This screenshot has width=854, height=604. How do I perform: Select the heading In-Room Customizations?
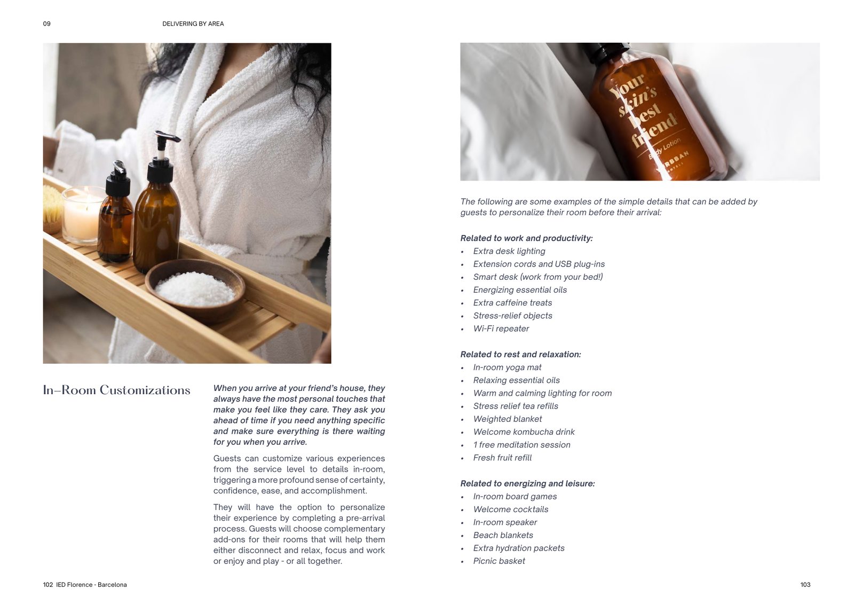pos(117,390)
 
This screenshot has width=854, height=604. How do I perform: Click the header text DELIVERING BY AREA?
pos(193,23)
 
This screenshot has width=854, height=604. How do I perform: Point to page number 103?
pos(805,585)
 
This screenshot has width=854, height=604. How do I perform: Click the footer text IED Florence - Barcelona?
pos(91,585)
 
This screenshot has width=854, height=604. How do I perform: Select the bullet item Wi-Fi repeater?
pos(501,328)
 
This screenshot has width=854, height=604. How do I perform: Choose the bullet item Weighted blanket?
pos(508,419)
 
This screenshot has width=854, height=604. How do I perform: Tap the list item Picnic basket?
pos(499,561)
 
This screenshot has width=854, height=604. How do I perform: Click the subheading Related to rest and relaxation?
pos(521,355)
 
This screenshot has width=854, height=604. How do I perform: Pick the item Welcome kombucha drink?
pos(524,432)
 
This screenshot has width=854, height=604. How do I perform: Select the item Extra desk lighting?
pos(509,251)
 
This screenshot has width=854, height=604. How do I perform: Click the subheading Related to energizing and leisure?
pos(528,483)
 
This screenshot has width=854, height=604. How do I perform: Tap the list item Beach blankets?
pos(503,535)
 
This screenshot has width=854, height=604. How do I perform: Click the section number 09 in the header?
pos(47,23)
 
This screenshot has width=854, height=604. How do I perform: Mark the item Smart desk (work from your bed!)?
pos(538,277)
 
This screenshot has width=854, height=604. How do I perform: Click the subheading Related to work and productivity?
pos(526,238)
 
